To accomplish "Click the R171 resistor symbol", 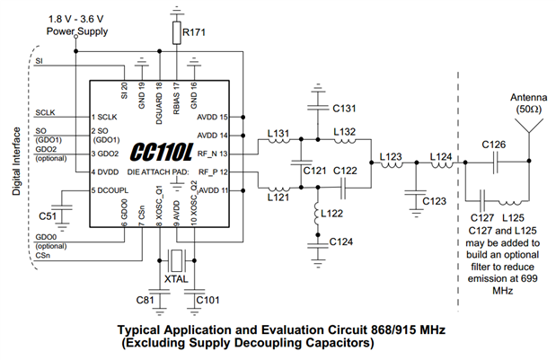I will [177, 33].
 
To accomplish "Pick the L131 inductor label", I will [279, 134].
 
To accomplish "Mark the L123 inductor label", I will [392, 157].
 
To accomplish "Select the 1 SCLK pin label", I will [104, 118].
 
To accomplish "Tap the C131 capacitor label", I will [344, 109].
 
